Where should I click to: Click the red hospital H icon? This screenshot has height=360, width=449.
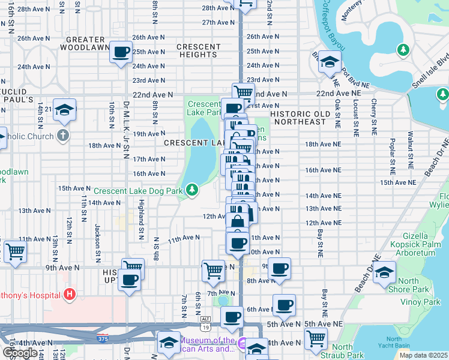(x=70, y=295)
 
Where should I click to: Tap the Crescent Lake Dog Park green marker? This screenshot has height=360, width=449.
(x=192, y=190)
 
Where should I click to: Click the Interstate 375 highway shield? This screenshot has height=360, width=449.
(x=103, y=339)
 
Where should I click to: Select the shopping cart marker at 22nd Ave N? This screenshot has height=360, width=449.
(x=243, y=92)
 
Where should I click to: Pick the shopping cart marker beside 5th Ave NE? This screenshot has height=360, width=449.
(x=316, y=338)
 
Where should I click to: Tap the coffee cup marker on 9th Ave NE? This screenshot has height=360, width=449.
(x=279, y=268)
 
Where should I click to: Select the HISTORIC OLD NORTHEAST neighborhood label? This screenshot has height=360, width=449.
(x=298, y=118)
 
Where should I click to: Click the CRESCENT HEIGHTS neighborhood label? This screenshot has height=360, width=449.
(x=198, y=51)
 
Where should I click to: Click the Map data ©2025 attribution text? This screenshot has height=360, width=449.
(x=423, y=355)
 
